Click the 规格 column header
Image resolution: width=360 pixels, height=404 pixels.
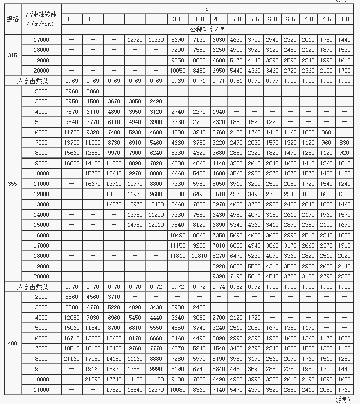12,20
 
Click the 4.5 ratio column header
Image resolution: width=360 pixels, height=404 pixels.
219,19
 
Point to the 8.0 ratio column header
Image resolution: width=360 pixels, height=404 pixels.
344,19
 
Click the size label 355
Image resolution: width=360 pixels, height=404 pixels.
12,184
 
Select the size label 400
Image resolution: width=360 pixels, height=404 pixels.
12,343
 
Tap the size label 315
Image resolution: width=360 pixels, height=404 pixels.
12,55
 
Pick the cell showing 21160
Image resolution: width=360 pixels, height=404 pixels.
72,359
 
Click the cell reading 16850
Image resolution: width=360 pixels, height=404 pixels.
72,163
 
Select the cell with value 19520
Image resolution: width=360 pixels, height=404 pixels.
114,390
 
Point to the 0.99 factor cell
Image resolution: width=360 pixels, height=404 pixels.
272,81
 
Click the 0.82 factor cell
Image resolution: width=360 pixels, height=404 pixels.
236,287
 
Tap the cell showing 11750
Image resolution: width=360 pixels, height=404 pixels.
72,132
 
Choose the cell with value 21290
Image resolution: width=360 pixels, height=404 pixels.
93,380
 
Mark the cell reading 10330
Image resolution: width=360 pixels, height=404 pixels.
155,39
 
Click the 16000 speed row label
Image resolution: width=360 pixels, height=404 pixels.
41,235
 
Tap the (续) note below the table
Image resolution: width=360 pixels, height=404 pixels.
343,399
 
